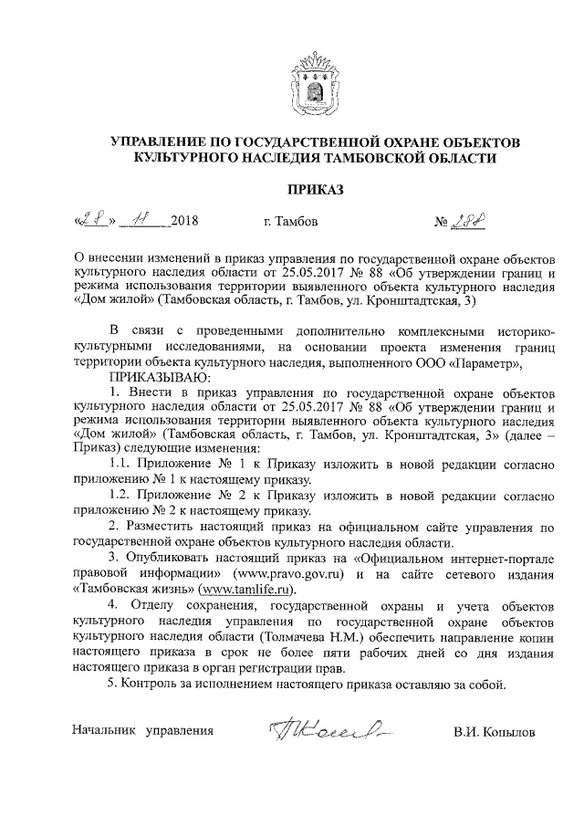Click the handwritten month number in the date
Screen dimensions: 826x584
point(139,220)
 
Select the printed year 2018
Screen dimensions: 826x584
point(183,222)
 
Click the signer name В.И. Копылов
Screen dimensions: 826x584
point(495,731)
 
